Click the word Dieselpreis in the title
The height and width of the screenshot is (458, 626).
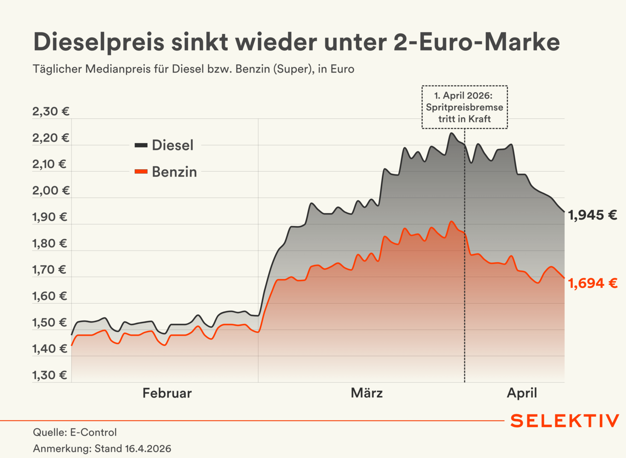(99, 42)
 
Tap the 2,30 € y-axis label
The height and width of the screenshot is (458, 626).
(51, 112)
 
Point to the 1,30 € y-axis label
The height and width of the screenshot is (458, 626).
(50, 375)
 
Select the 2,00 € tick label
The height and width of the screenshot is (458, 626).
(51, 191)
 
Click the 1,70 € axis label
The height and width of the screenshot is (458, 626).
(49, 270)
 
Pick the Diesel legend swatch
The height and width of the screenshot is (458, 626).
(141, 145)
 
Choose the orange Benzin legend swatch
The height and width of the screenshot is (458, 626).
(141, 172)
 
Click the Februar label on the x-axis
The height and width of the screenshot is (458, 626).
(167, 393)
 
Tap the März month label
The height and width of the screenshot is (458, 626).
(367, 393)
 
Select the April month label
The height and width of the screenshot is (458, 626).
(522, 393)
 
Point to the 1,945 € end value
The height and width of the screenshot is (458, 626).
(592, 215)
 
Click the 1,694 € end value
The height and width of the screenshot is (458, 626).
(593, 284)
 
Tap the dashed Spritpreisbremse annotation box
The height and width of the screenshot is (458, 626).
(464, 107)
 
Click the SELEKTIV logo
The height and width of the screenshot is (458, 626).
(564, 421)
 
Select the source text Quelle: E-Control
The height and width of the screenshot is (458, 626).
(75, 433)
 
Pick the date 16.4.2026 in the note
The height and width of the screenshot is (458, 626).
(148, 449)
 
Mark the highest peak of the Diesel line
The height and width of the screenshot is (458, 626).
(451, 133)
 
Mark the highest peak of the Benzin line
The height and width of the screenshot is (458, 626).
(451, 222)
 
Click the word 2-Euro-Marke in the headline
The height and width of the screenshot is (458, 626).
(477, 42)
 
